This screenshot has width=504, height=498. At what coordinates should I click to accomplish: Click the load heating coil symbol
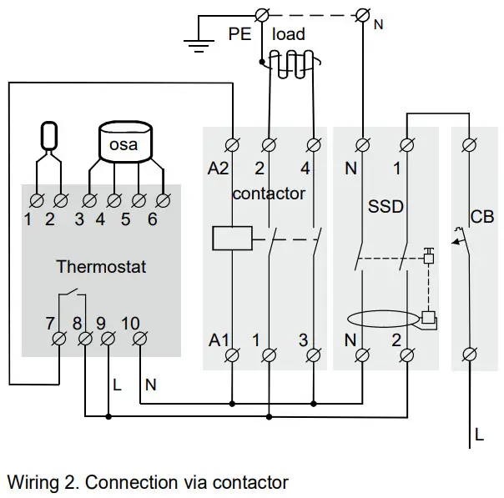point(287,62)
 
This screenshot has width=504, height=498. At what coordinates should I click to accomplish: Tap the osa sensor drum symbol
point(128,143)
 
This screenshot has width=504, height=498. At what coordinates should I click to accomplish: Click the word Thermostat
point(101,268)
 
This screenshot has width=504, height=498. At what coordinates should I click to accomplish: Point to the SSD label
point(386,205)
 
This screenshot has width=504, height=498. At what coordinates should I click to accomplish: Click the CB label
point(482,217)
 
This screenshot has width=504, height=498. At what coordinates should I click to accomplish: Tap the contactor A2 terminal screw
point(233,144)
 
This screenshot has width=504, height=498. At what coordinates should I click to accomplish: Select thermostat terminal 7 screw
point(60,339)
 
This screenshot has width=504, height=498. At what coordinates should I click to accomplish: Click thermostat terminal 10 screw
point(139,339)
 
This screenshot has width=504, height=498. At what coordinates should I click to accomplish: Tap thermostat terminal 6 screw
point(164,200)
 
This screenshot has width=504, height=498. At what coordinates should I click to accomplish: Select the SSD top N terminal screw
point(364,144)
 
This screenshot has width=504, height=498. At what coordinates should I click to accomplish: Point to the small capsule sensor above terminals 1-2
point(50,135)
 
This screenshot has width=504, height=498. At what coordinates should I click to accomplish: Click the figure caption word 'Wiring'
point(32,482)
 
